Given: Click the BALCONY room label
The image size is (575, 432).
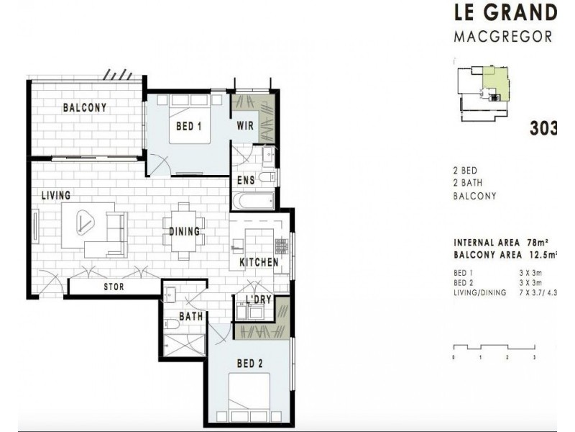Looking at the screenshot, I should [84, 108].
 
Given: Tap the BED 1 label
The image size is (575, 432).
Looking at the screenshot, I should [188, 127].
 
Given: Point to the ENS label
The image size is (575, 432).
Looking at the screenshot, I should [244, 180].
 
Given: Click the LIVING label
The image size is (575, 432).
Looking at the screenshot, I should [55, 195].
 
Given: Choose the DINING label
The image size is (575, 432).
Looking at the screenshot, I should [185, 232].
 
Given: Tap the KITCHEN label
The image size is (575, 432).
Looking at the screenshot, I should [258, 263].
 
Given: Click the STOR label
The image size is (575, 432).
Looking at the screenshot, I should [114, 287].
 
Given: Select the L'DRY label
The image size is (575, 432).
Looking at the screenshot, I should [257, 300].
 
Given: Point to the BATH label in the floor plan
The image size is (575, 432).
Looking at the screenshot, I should [190, 316].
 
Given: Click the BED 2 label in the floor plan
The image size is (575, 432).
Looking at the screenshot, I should [250, 364].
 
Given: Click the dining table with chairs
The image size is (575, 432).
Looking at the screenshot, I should [185, 230].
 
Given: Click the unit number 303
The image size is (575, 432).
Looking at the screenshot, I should [544, 128].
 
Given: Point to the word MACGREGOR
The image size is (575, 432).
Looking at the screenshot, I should [503, 37].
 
